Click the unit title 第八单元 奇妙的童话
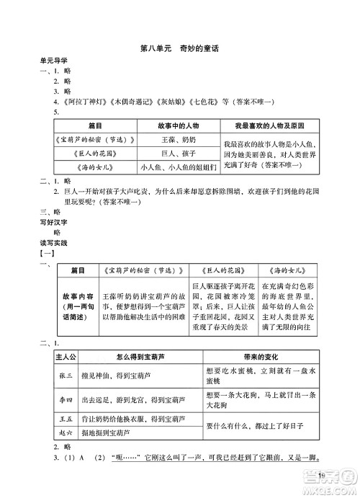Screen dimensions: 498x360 pyautogui.click(x=181, y=48)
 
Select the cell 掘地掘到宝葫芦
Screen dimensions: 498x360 pyautogui.click(x=103, y=432)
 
